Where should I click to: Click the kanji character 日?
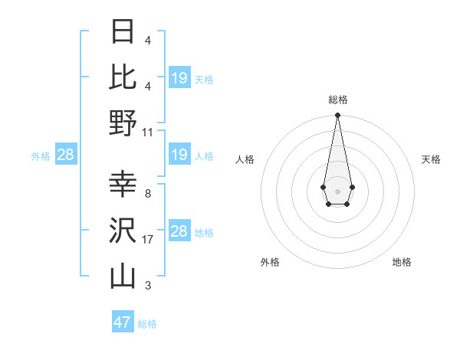point(123,31)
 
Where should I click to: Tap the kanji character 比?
point(123,77)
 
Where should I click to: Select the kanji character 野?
point(123,123)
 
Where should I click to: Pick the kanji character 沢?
point(123,231)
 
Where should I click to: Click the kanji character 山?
point(123,277)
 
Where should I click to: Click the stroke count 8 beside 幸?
point(147,194)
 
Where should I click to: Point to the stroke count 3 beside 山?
point(147,286)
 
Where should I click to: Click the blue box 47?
point(123,322)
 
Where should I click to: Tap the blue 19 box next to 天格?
point(179,78)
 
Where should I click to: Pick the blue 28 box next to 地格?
point(179,232)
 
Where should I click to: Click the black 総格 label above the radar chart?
point(337,100)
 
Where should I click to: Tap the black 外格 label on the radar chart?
point(270,262)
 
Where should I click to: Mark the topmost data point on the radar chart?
point(337,116)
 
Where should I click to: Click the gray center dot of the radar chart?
point(337,190)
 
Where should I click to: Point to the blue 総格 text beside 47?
point(147,324)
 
